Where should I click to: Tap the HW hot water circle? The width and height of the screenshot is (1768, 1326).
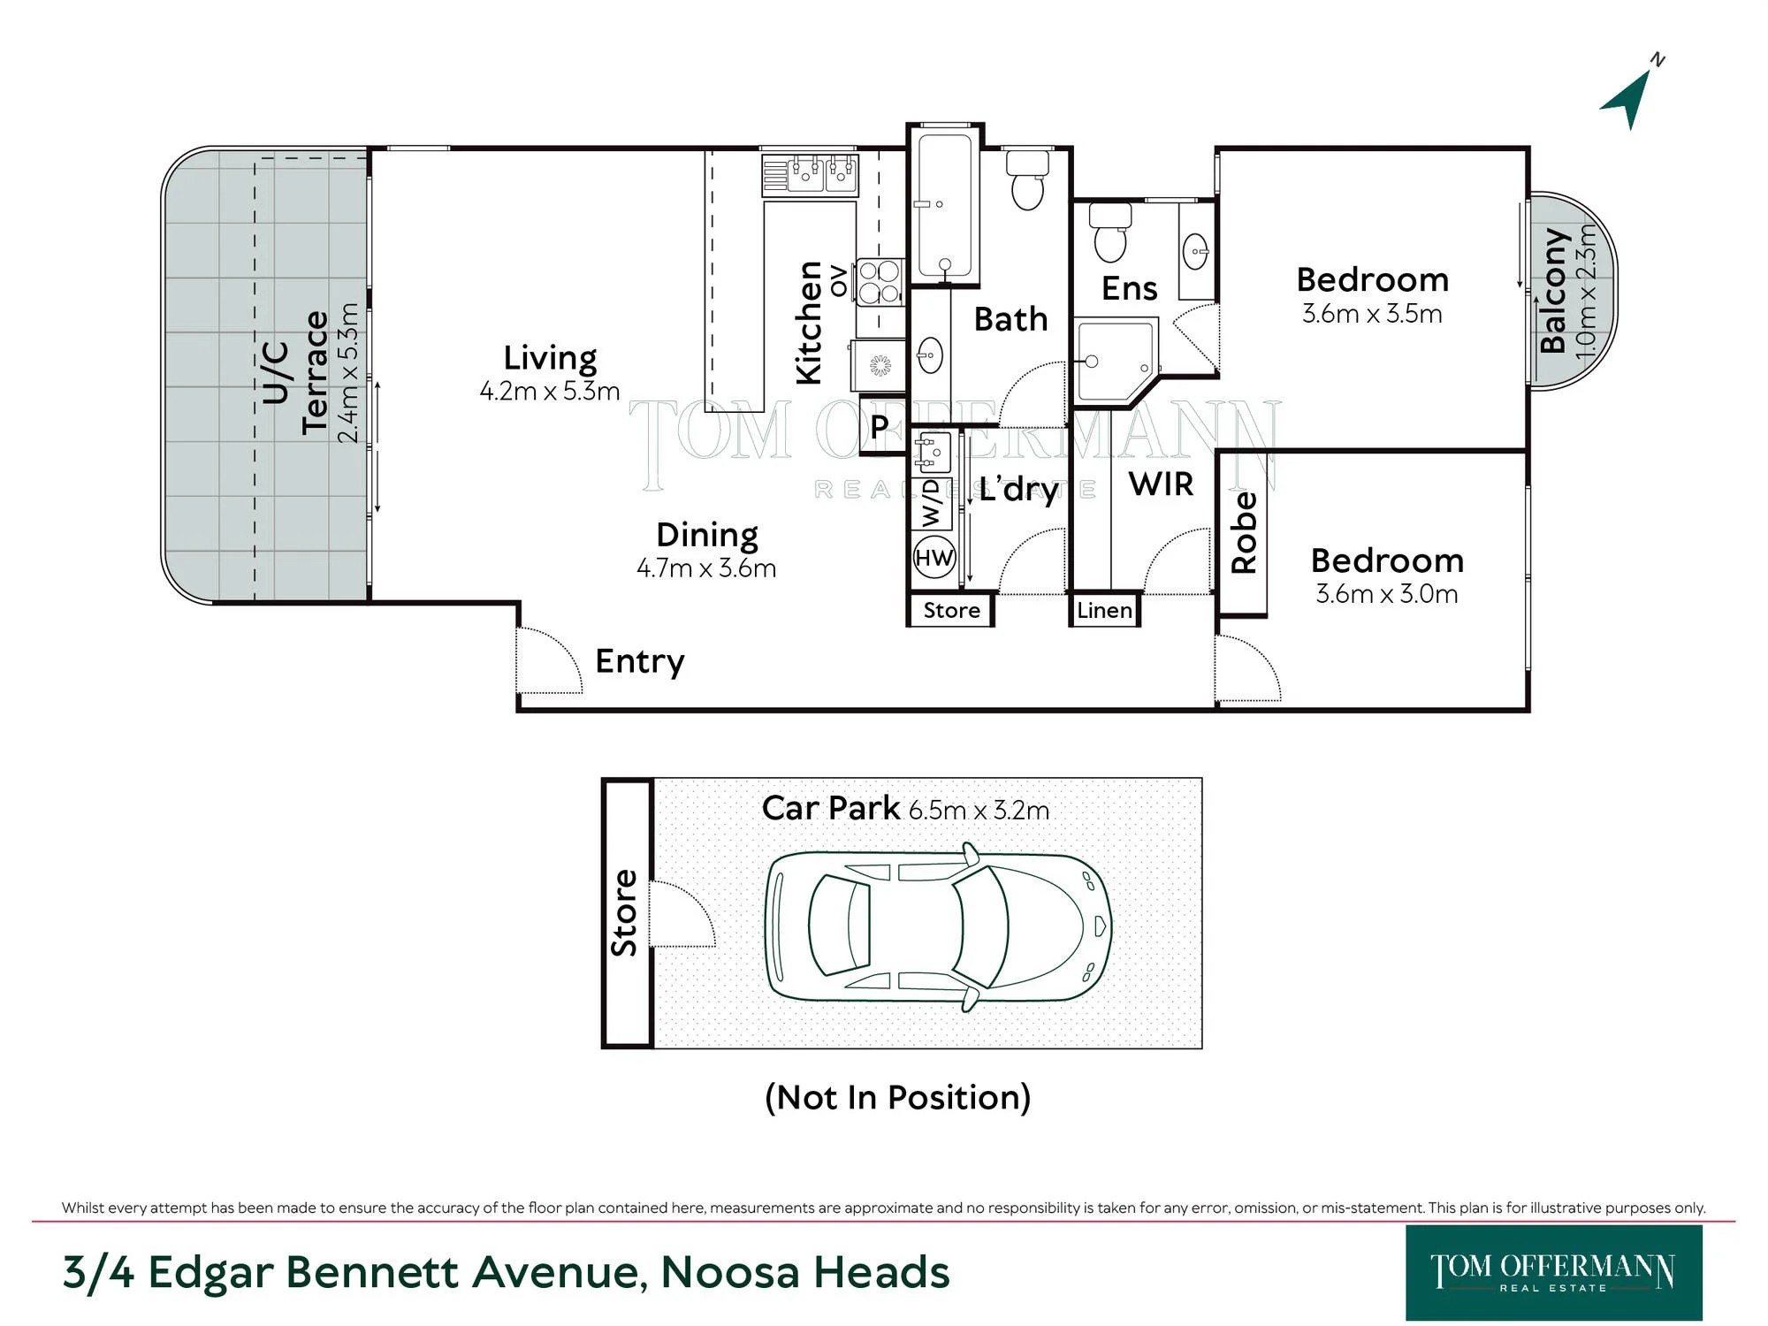point(934,558)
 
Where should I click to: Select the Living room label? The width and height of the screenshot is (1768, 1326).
point(550,358)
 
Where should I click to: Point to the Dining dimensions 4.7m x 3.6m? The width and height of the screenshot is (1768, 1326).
point(706,568)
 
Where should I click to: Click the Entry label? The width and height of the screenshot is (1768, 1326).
point(640,661)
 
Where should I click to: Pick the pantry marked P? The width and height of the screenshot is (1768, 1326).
point(880,427)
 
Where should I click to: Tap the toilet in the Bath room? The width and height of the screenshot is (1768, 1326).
point(1027,180)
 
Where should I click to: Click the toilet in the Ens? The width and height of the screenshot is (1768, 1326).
point(1110,232)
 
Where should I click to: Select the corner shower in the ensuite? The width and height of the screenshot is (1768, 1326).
point(1115,362)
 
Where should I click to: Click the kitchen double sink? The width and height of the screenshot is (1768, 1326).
point(811,175)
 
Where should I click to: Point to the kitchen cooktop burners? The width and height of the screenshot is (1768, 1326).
point(879,282)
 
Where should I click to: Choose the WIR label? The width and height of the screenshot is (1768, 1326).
point(1161,484)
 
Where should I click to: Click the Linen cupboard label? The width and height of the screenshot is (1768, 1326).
point(1104,610)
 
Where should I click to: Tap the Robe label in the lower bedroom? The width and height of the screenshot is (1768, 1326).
point(1244,533)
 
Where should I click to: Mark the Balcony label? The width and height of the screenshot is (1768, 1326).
point(1553,291)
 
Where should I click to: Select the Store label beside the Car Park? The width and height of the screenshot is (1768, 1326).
point(624,913)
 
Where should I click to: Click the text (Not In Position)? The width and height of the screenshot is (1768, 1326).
point(898,1097)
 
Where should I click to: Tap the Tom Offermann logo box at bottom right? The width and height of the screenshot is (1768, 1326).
point(1553,1272)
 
